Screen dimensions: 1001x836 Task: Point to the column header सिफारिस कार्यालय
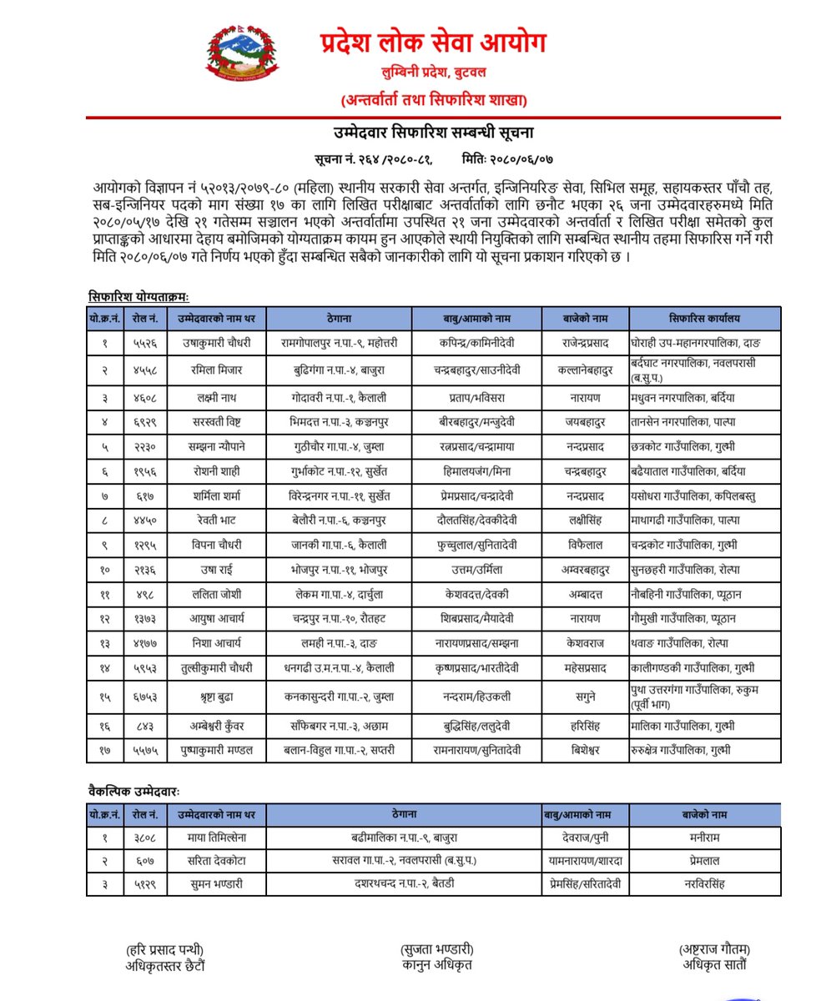[x=704, y=318]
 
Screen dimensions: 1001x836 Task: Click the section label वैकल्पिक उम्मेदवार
[x=133, y=789]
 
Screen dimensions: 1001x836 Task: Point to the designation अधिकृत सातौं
[x=714, y=965]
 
